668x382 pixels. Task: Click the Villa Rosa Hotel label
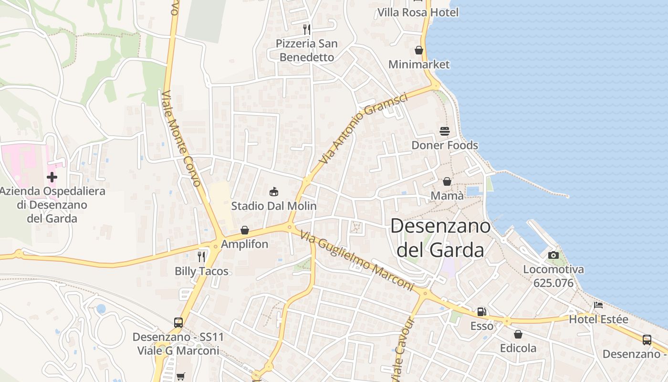tap(418, 12)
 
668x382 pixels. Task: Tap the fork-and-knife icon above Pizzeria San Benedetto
tap(307, 29)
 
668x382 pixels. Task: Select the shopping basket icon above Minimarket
tap(419, 50)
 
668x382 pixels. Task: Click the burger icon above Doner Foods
tap(445, 131)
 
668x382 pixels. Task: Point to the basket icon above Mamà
tap(447, 181)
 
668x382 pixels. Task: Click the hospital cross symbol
tap(52, 177)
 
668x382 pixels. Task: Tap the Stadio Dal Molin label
tap(274, 206)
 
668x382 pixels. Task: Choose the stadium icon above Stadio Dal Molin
tap(274, 192)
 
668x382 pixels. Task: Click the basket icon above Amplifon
tap(245, 230)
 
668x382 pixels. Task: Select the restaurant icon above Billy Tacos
tap(201, 257)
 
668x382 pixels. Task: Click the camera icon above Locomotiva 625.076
tap(553, 255)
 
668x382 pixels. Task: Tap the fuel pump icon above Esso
tap(482, 312)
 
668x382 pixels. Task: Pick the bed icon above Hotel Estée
tap(598, 305)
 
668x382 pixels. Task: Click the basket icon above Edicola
tap(518, 334)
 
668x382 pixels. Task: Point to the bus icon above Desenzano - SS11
tap(178, 323)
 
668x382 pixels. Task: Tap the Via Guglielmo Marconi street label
tap(357, 261)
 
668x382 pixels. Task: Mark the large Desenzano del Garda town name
tap(440, 238)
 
